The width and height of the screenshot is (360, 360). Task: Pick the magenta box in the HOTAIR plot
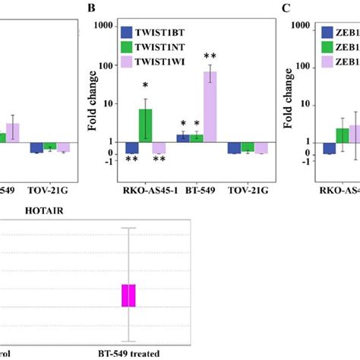point(129,295)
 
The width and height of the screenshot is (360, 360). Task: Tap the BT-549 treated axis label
point(130,353)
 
